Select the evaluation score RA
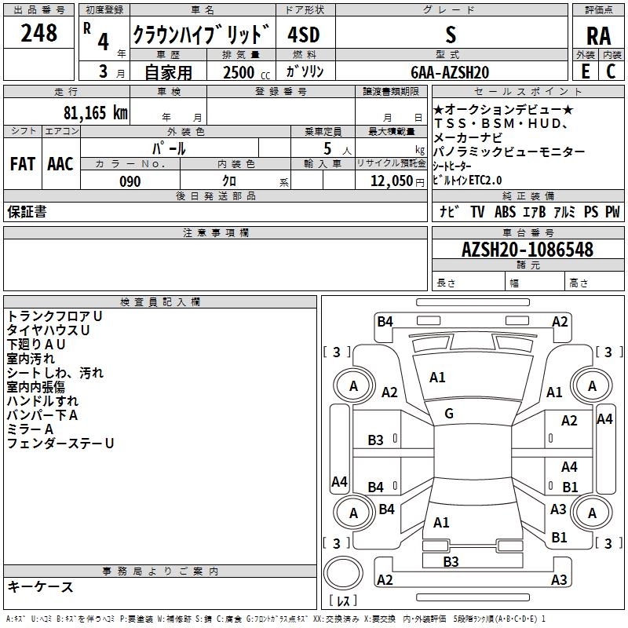[x=597, y=35]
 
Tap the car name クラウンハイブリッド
[x=201, y=35]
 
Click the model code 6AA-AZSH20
[x=450, y=72]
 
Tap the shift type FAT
[x=22, y=163]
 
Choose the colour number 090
[x=130, y=181]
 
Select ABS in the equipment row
[x=505, y=211]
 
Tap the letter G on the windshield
[x=449, y=414]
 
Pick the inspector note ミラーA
[x=30, y=429]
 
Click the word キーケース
[x=40, y=586]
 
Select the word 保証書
[x=27, y=211]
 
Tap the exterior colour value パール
[x=169, y=148]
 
